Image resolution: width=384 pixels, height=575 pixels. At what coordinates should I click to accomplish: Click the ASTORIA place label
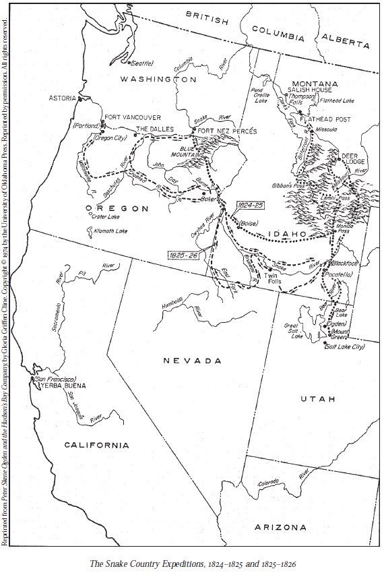[x=63, y=98]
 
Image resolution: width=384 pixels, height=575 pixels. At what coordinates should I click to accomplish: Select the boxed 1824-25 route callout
[x=249, y=204]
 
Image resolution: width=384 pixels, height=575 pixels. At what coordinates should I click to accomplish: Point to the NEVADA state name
[x=192, y=361]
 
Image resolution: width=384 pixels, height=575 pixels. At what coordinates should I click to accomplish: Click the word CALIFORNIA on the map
[x=96, y=445]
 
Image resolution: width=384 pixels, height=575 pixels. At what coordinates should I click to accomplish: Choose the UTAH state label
[x=317, y=399]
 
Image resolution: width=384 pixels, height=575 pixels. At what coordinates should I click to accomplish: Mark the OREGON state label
[x=117, y=209]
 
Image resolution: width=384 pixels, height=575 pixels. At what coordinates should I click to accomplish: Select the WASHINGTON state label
[x=158, y=80]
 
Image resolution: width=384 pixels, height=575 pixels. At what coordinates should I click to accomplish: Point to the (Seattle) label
[x=141, y=63]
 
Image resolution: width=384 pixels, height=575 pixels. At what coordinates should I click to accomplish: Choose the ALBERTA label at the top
[x=346, y=41]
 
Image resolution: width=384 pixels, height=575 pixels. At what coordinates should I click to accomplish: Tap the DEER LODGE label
[x=353, y=158]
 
